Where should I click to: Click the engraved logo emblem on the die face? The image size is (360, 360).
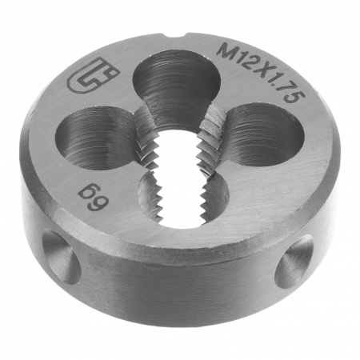click(93, 76)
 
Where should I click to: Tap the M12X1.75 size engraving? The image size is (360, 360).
click(260, 72)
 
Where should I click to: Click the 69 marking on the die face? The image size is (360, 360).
click(94, 198)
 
